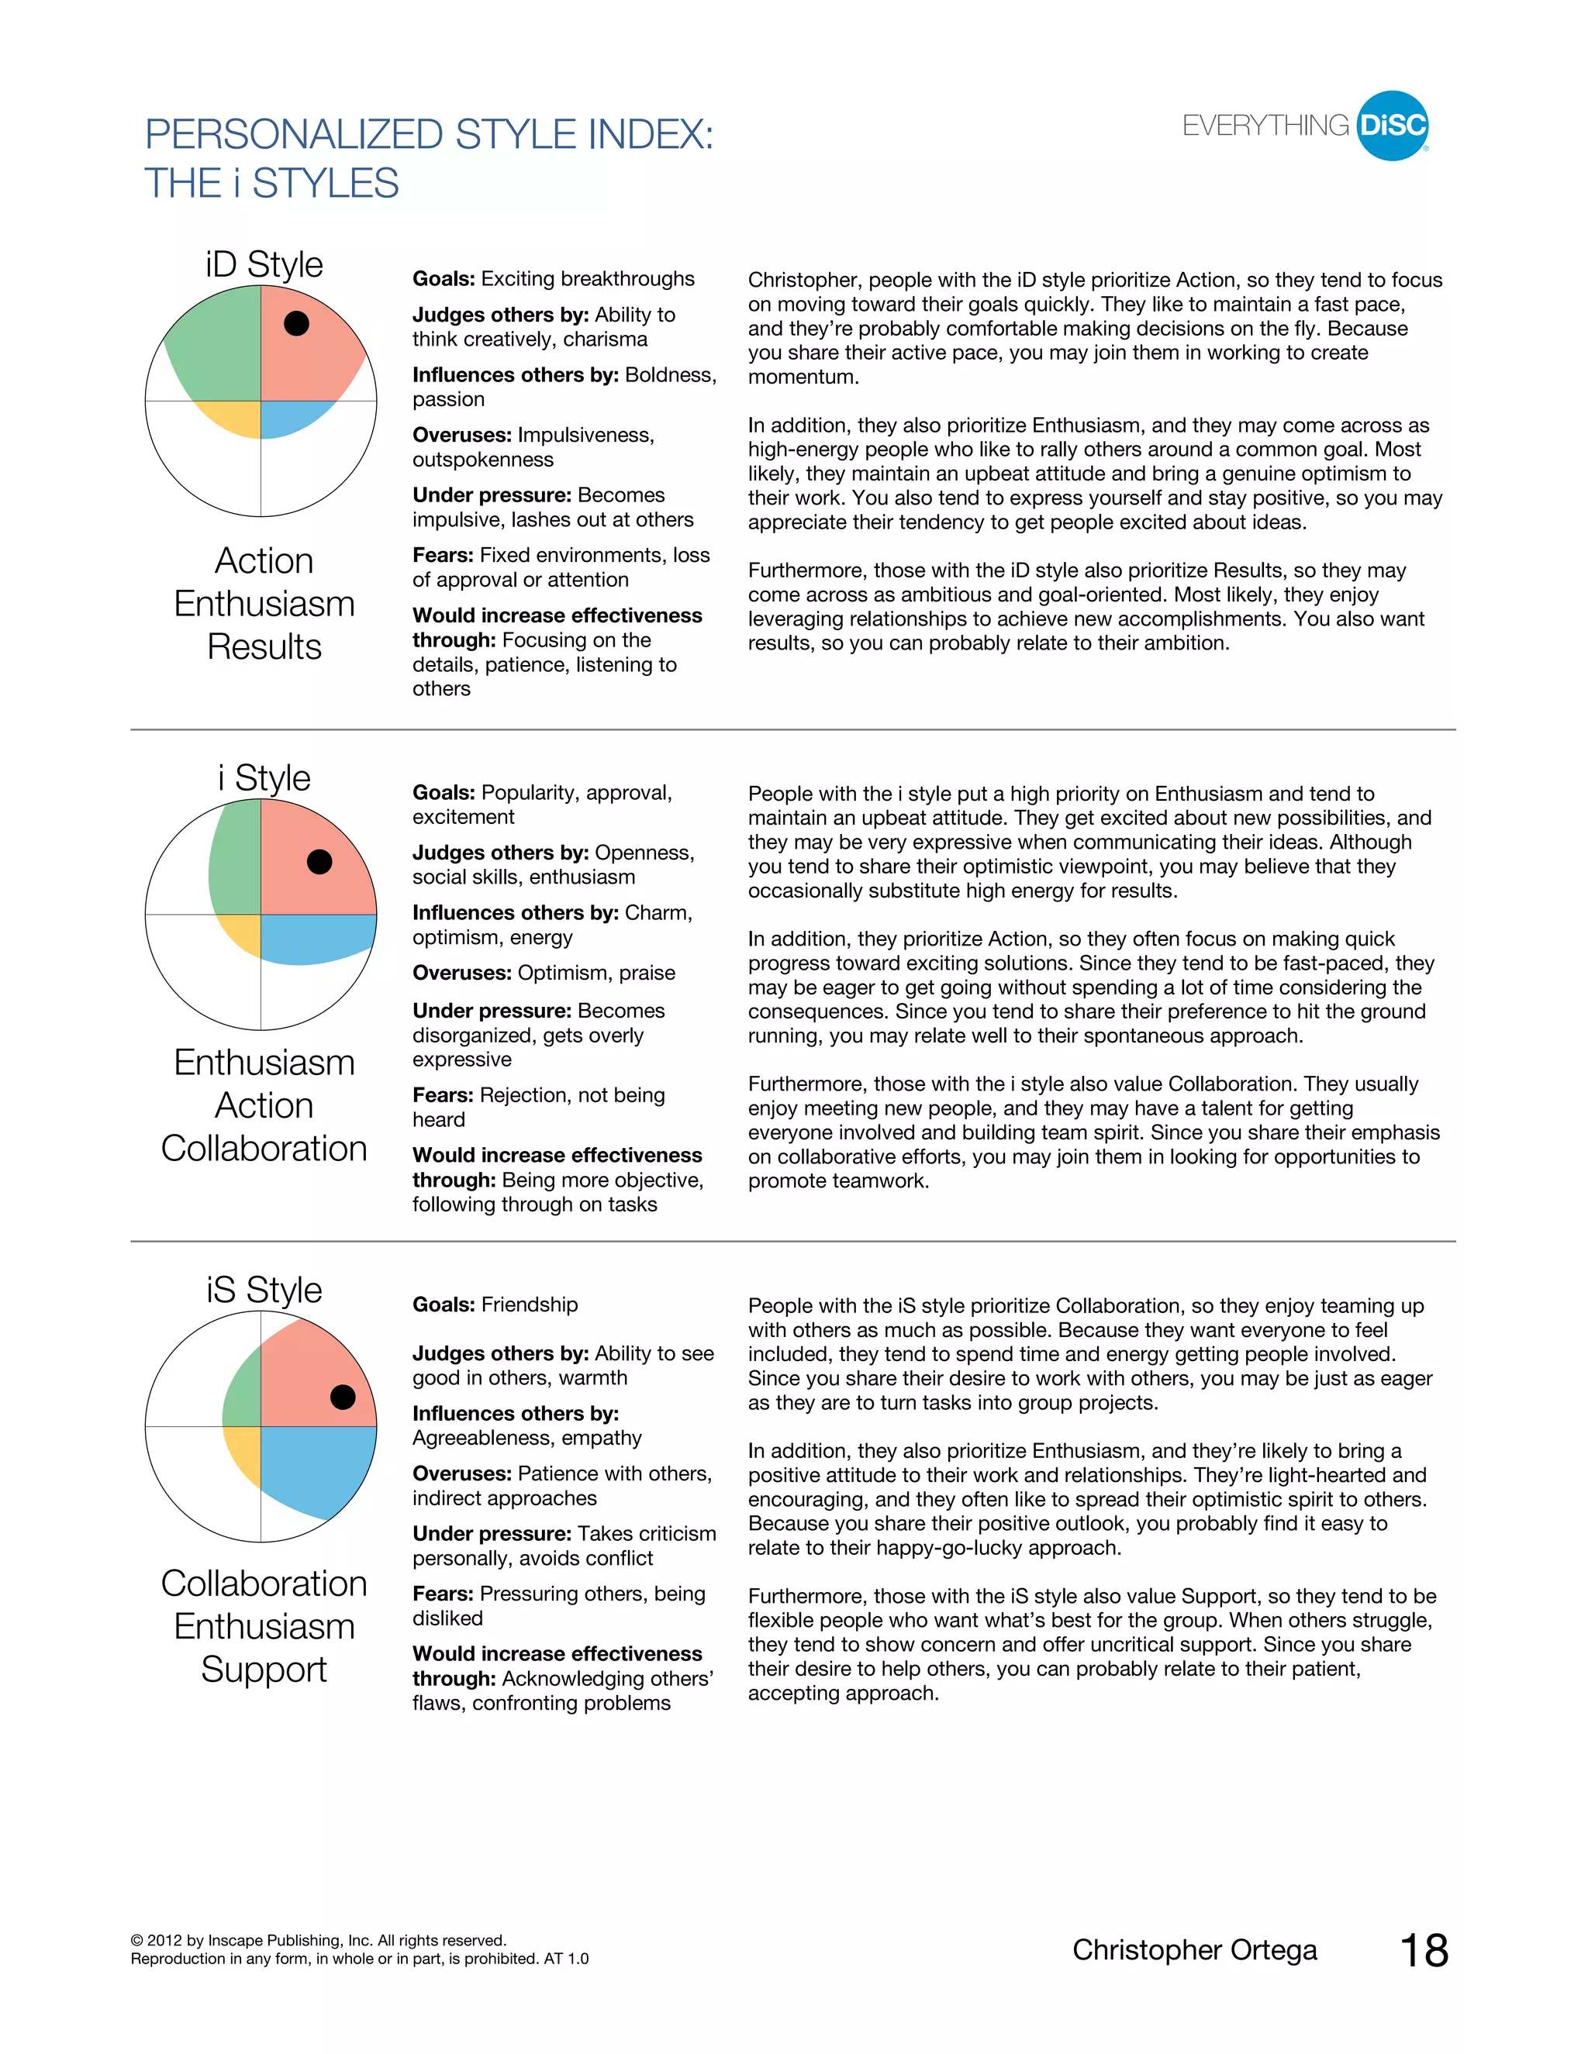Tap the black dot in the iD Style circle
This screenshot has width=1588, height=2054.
click(x=296, y=323)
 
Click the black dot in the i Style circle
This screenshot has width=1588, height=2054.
click(x=320, y=861)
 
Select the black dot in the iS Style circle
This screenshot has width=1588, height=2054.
click(x=343, y=1397)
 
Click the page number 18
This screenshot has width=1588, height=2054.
click(x=1424, y=1951)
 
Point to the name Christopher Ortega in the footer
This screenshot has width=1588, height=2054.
click(x=1194, y=1949)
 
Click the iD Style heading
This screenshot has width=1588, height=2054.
click(x=264, y=264)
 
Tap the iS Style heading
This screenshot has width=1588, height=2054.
click(x=264, y=1290)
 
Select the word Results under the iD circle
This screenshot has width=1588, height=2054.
click(x=264, y=647)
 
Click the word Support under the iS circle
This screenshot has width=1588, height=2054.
click(x=264, y=1670)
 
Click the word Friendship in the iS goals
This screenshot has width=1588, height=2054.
click(x=530, y=1304)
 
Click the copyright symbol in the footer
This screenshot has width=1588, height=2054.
click(x=137, y=1940)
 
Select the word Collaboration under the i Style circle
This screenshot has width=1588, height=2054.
click(x=264, y=1149)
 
